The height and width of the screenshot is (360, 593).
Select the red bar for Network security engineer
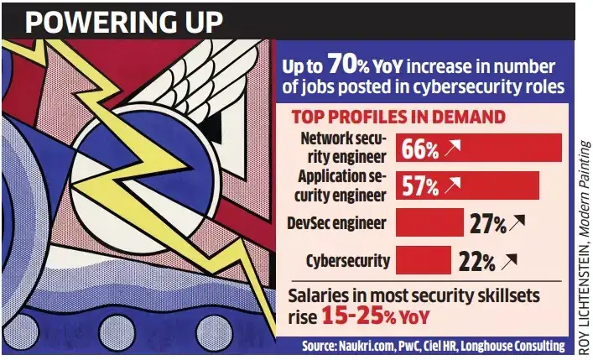click(478, 149)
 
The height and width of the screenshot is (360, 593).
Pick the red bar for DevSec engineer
click(429, 222)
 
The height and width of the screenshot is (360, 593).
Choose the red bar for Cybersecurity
click(423, 260)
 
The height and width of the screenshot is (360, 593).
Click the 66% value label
click(420, 149)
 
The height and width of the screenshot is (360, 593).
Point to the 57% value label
click(420, 186)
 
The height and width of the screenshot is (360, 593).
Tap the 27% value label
click(487, 224)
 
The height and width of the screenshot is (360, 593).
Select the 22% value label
click(476, 262)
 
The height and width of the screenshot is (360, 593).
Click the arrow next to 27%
click(518, 223)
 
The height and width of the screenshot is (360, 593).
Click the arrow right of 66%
click(454, 149)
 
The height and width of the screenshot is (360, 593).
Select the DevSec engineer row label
click(336, 222)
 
